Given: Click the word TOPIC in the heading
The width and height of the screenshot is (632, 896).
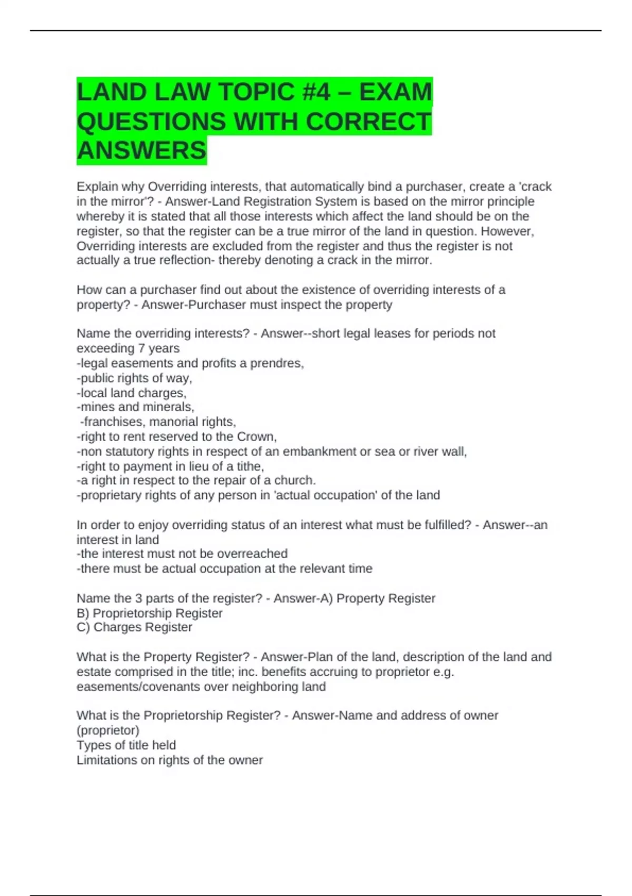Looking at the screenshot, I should [x=256, y=92].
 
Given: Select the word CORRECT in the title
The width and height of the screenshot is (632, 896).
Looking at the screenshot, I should [x=368, y=122].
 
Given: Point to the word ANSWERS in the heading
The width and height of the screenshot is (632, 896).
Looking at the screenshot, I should [x=142, y=151].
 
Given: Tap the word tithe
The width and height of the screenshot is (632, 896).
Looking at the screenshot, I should [x=250, y=466].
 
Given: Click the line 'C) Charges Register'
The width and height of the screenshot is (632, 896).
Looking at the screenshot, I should [x=134, y=627].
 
